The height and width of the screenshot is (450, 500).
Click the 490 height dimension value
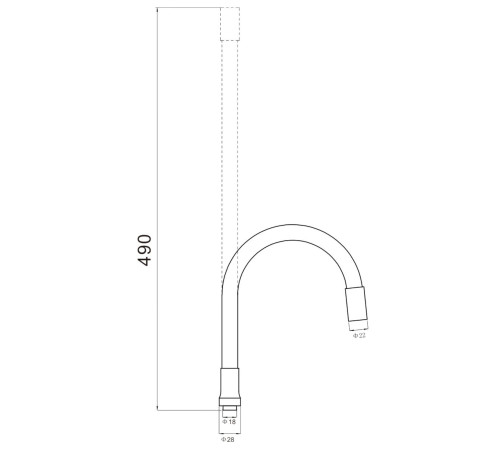144,250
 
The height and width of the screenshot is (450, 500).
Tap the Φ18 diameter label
229,422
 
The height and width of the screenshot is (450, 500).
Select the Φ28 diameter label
228,439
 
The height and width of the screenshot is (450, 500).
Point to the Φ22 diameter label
359,336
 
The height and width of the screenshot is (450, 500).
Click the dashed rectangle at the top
230,24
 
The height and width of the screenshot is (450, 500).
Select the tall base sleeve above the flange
230,383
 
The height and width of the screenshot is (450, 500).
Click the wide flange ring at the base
230,401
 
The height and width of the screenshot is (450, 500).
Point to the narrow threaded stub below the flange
230,411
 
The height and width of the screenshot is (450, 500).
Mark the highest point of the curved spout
292,225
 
